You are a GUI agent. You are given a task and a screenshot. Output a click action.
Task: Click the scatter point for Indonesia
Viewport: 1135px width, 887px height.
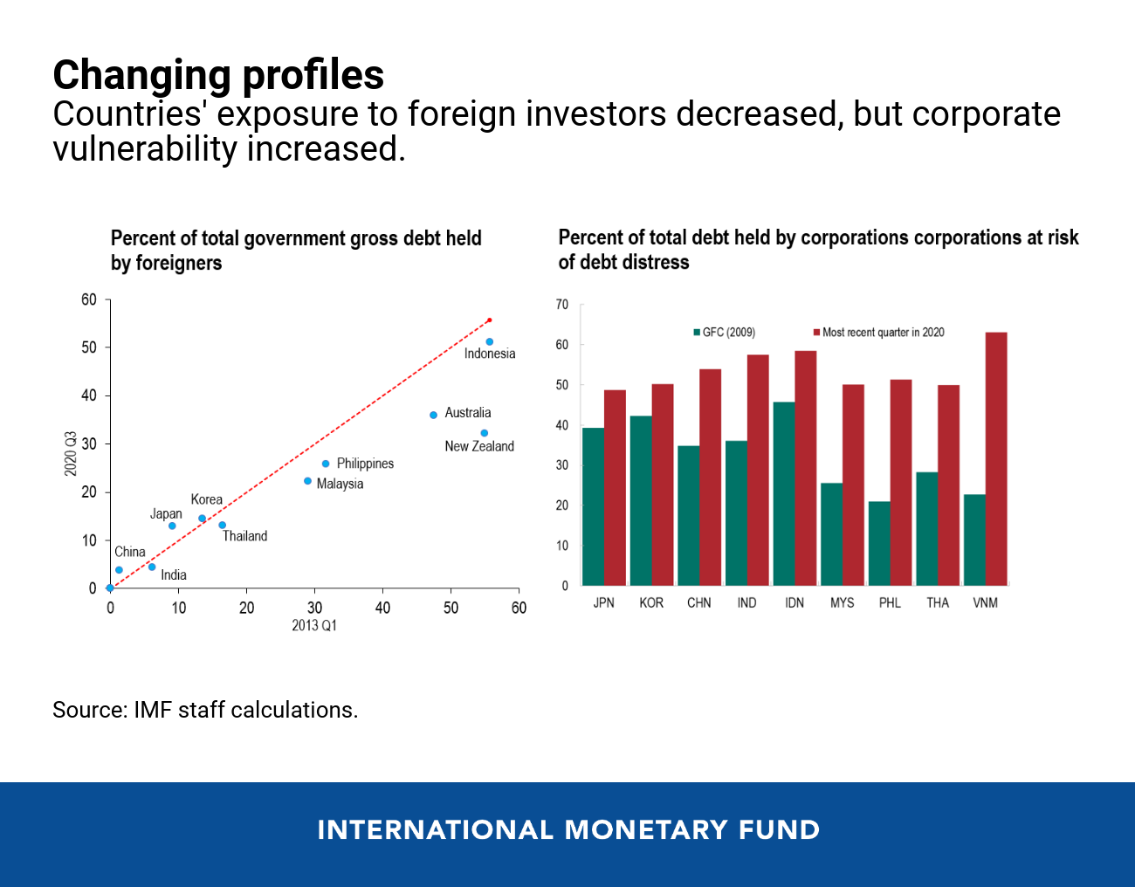point(489,341)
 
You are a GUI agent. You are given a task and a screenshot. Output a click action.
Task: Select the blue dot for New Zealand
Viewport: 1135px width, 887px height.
point(484,433)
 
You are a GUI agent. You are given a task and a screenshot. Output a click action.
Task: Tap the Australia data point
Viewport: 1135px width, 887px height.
point(433,415)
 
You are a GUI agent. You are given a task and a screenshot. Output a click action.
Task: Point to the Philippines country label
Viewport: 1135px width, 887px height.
point(365,464)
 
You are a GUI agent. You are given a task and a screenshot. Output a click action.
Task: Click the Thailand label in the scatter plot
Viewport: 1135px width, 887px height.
point(244,536)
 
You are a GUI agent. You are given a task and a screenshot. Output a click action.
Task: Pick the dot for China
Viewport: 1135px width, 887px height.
point(119,570)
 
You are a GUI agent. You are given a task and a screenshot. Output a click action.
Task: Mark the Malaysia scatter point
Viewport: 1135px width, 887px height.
point(307,481)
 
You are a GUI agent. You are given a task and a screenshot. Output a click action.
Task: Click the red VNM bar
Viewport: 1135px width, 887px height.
point(995,458)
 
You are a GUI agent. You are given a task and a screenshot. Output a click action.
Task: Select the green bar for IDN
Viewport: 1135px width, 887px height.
point(783,493)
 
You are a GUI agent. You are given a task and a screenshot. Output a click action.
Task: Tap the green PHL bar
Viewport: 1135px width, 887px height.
point(878,543)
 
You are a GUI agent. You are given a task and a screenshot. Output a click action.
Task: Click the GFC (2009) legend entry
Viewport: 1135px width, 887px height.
point(724,333)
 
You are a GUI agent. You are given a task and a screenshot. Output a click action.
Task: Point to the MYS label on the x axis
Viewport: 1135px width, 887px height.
point(842,603)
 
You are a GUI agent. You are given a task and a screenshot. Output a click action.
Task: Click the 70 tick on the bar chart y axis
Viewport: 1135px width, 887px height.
point(562,305)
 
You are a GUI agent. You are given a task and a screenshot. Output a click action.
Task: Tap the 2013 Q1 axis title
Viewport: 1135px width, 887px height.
point(314,625)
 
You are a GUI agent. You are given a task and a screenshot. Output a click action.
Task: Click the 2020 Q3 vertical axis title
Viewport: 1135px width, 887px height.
point(71,454)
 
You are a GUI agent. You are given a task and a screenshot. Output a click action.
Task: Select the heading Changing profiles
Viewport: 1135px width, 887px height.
point(218,75)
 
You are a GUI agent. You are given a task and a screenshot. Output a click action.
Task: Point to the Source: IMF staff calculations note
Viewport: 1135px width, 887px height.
point(205,710)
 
